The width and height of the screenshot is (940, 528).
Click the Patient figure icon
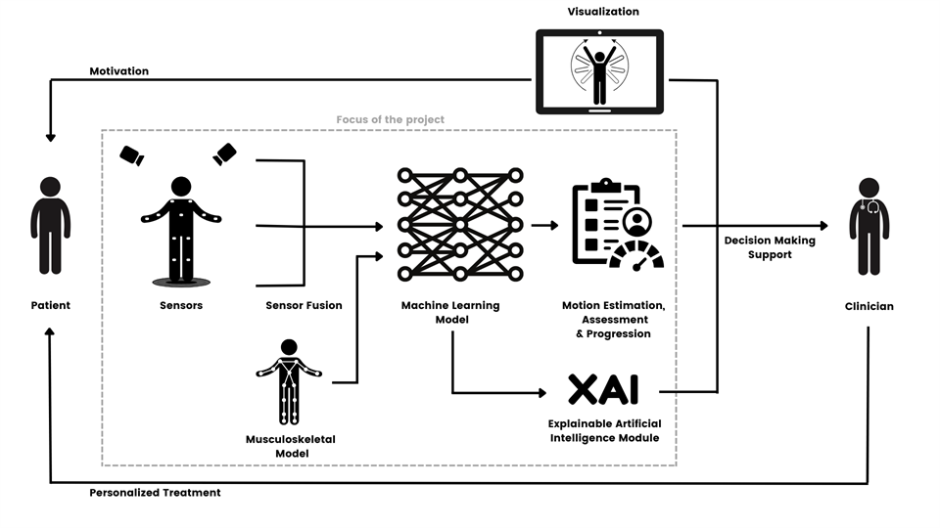tap(50, 225)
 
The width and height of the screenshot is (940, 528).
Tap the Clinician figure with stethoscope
tap(869, 226)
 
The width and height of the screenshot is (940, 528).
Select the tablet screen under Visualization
tap(599, 71)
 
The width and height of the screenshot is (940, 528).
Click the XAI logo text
tap(603, 389)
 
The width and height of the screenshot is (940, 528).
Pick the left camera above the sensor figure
tap(132, 155)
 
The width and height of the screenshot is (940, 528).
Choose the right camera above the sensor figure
tap(224, 154)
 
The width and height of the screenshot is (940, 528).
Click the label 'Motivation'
tap(118, 71)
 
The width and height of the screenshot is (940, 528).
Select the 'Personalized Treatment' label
tap(155, 493)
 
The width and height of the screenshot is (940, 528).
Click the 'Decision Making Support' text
tap(769, 247)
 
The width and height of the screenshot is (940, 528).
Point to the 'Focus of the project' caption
tap(390, 119)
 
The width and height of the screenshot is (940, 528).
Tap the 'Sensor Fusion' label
tap(304, 306)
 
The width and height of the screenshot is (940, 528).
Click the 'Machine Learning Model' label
tap(450, 313)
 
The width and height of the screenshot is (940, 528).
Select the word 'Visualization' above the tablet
tap(603, 12)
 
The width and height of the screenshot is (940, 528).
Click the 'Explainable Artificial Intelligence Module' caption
tap(603, 430)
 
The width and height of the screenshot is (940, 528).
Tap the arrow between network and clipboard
tap(544, 225)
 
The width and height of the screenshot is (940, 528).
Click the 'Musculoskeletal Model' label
tap(290, 446)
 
